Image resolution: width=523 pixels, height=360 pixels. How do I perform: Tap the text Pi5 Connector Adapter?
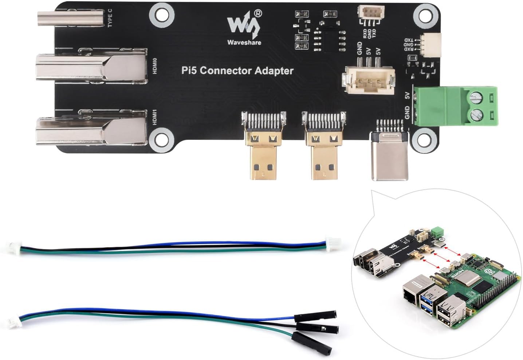237,70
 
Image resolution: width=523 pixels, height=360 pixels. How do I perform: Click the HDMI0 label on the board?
155,66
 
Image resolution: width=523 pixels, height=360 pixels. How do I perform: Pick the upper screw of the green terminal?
475,97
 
